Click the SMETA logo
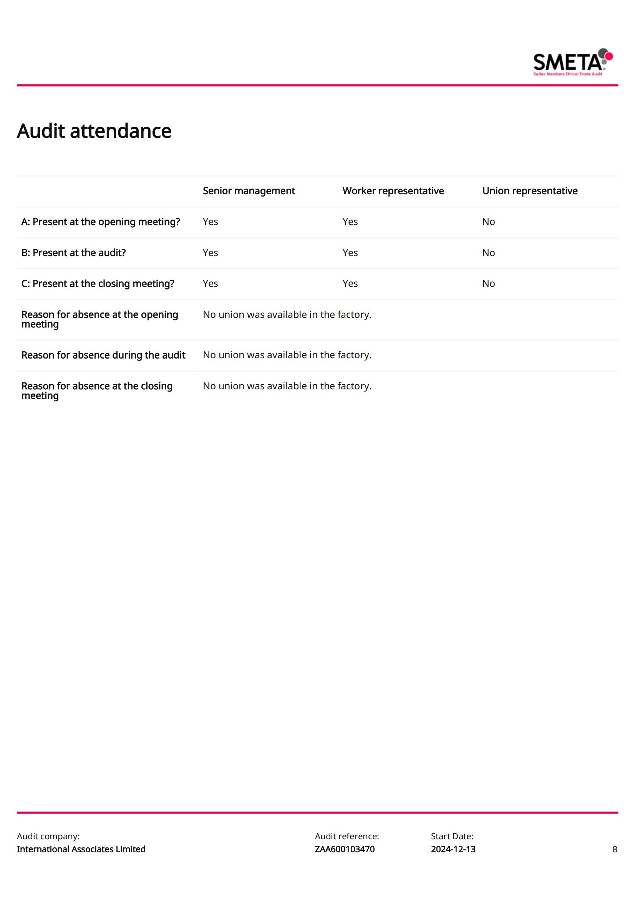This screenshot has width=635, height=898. (x=572, y=62)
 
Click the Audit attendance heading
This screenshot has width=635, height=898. (x=94, y=131)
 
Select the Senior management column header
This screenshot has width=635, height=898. (x=249, y=191)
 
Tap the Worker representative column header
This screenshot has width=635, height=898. (x=393, y=191)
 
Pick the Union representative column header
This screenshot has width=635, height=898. (x=529, y=191)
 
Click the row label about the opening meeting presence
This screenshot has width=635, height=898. (x=101, y=222)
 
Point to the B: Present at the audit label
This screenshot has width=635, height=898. (x=73, y=253)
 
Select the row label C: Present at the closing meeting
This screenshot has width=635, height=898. (x=98, y=284)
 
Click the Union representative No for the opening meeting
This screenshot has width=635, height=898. (x=488, y=222)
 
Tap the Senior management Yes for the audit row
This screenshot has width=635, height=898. (x=210, y=253)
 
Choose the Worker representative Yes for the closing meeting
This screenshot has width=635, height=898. (x=350, y=284)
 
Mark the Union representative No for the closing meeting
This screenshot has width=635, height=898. (x=488, y=284)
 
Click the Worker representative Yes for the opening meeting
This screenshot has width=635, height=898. (x=350, y=222)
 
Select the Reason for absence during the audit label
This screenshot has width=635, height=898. (x=103, y=355)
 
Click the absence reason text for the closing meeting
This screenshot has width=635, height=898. (x=287, y=386)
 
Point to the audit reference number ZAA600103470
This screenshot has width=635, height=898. (x=344, y=849)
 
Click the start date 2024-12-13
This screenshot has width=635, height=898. (x=453, y=849)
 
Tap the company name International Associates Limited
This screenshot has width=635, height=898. (x=81, y=849)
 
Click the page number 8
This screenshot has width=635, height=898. (x=615, y=849)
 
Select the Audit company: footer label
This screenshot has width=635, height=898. (x=48, y=836)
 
